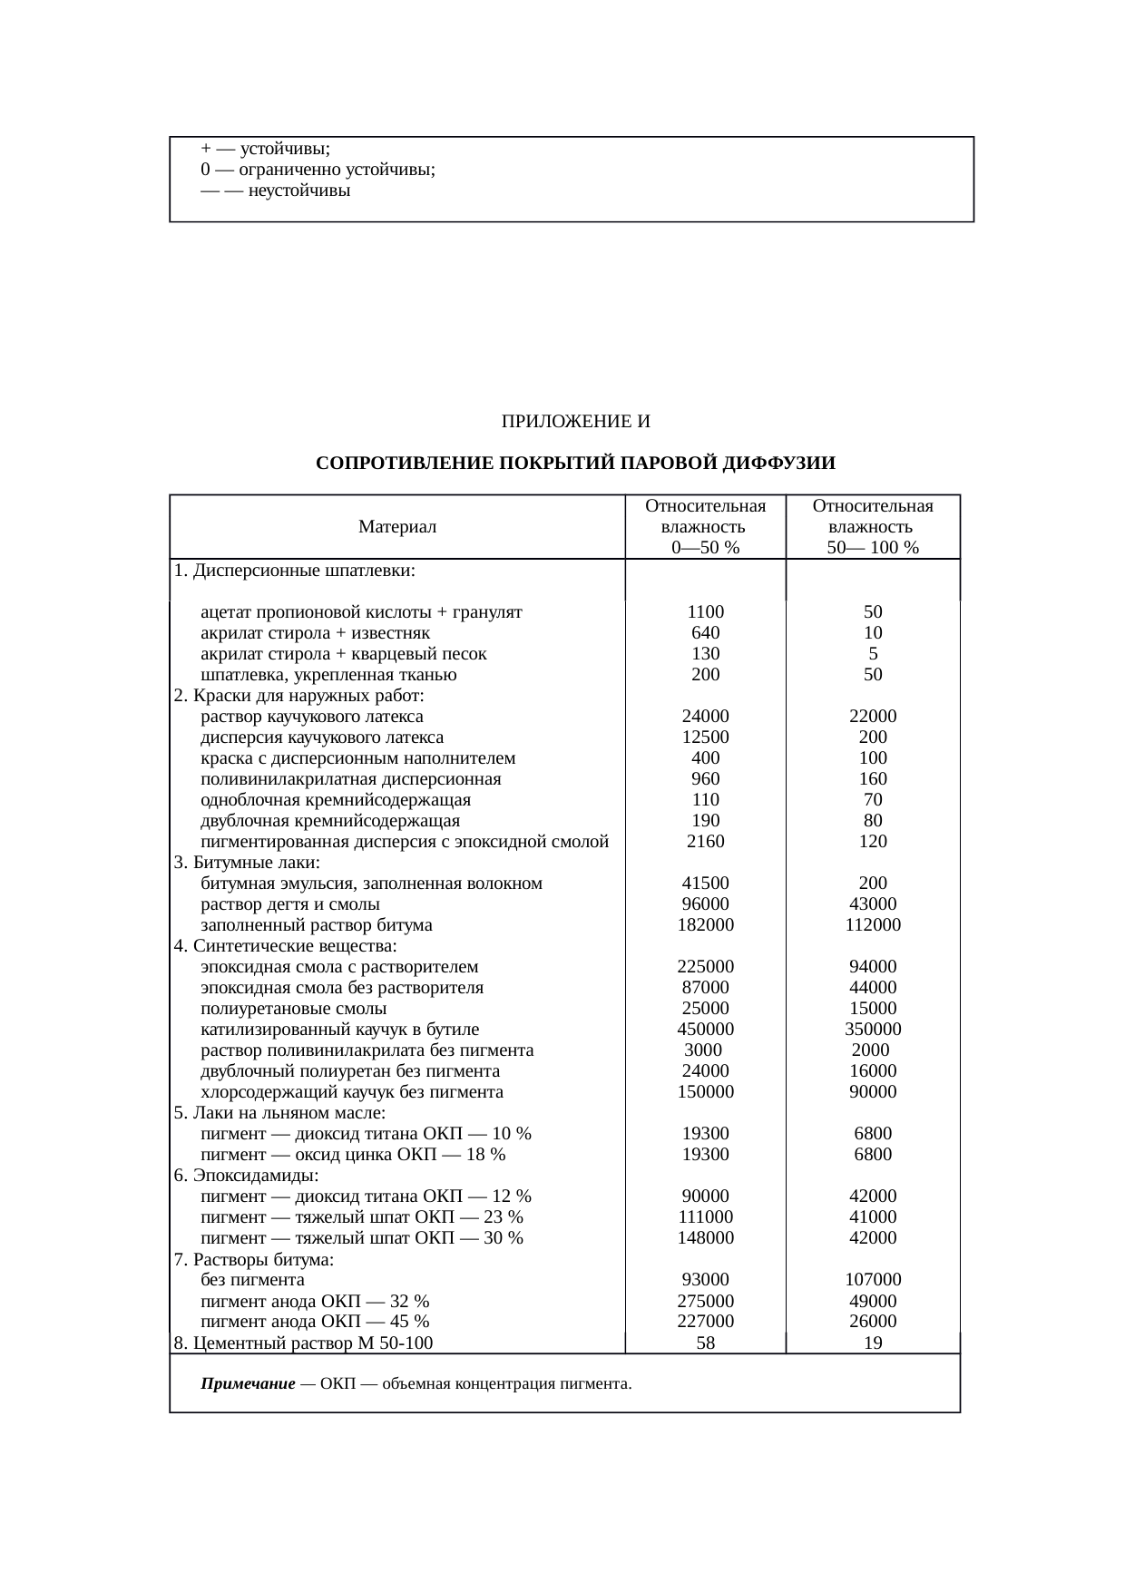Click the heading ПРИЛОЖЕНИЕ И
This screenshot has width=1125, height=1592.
tap(576, 422)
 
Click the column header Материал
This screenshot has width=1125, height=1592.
tap(397, 527)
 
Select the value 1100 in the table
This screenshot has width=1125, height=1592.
tap(705, 612)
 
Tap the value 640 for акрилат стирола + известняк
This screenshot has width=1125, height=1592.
tap(705, 633)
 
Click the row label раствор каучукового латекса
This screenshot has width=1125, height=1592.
tap(311, 717)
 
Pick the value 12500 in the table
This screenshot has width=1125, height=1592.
tap(705, 737)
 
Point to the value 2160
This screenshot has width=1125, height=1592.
tap(705, 842)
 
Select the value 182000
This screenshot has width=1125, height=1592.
tap(705, 925)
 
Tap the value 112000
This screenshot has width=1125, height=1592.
tap(873, 925)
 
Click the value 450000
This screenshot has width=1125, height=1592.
tap(705, 1030)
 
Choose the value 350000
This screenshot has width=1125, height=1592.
tap(873, 1030)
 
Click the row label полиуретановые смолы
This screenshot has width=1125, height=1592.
tap(293, 1009)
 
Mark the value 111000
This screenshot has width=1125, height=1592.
tap(705, 1217)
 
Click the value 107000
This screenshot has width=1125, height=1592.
tap(873, 1280)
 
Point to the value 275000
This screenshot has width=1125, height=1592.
tap(705, 1301)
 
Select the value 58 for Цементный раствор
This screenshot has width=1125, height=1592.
tap(705, 1343)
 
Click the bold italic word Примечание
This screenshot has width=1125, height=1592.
tap(248, 1384)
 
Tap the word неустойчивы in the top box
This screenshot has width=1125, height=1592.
tap(298, 191)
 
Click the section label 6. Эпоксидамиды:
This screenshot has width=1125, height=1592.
tap(246, 1176)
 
